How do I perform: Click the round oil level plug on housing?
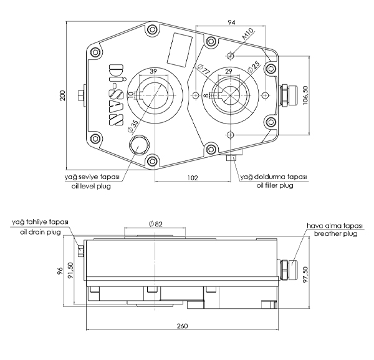click(x=138, y=145)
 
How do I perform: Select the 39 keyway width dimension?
click(x=153, y=71)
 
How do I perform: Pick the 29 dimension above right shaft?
click(x=229, y=72)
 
